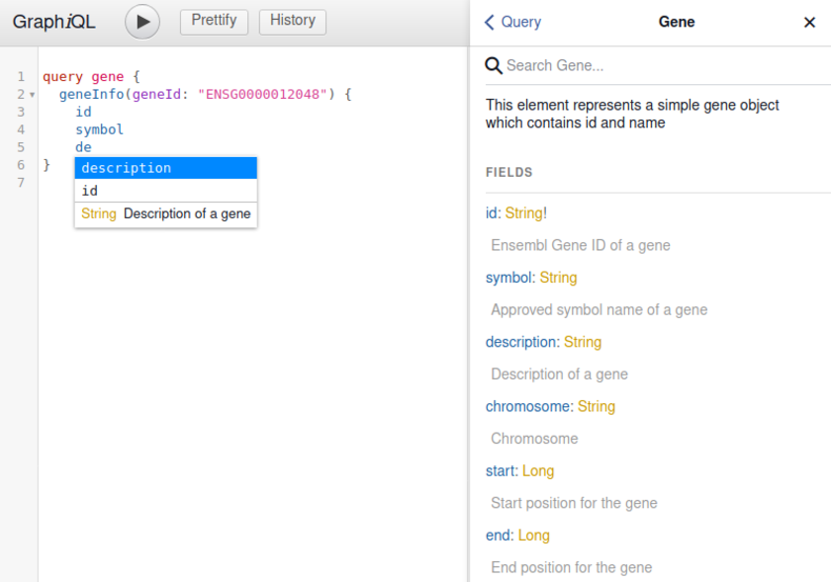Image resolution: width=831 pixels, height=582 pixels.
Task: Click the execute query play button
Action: tap(142, 22)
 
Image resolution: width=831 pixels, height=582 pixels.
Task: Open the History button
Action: tap(292, 21)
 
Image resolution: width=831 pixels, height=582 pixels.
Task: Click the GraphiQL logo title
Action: tap(54, 22)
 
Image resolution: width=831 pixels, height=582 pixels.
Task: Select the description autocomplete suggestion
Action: tap(165, 168)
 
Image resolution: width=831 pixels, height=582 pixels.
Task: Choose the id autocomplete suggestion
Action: tap(165, 191)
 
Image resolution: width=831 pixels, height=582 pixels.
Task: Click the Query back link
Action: tap(513, 22)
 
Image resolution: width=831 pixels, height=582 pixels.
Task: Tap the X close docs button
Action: tap(809, 23)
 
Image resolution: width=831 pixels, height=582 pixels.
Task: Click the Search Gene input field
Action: tap(653, 65)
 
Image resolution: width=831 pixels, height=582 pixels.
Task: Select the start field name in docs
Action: tap(501, 470)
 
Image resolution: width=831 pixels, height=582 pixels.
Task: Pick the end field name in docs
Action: tap(498, 535)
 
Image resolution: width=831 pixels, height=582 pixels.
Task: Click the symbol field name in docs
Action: tap(508, 278)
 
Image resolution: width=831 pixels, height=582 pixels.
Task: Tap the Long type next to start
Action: tap(538, 470)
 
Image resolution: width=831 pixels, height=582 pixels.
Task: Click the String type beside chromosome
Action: tap(597, 406)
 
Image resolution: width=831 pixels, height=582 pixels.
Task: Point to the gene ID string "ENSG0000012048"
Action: tap(262, 94)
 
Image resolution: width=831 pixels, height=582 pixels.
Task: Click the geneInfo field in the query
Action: tap(91, 94)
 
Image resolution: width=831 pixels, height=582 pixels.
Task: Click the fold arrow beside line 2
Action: tap(32, 95)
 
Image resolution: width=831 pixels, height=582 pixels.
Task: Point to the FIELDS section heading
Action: tap(508, 172)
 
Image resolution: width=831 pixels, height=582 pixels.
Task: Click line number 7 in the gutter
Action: tap(21, 183)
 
